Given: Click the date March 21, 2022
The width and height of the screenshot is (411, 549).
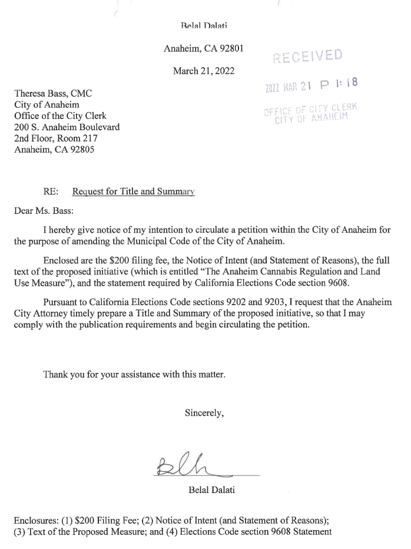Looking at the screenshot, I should [204, 71].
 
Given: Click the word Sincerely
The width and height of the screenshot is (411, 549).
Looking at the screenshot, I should [204, 413].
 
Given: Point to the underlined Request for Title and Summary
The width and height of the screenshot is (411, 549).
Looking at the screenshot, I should [132, 192].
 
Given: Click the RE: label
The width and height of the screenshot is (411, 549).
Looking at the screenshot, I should [51, 192].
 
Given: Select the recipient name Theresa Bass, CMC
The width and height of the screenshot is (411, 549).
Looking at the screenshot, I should [53, 94].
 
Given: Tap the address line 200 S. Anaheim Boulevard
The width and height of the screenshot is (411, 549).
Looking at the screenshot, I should [67, 127].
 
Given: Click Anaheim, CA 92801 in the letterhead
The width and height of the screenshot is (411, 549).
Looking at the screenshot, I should [204, 49].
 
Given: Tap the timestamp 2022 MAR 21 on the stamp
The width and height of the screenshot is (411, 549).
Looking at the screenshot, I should [287, 88].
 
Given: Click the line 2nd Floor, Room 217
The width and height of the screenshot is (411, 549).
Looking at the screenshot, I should [55, 138].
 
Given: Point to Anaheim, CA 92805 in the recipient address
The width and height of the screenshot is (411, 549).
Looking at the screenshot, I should [54, 150].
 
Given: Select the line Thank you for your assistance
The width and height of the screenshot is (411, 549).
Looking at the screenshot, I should [134, 374].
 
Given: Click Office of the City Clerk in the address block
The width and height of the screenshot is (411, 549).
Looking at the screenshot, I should [60, 116].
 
